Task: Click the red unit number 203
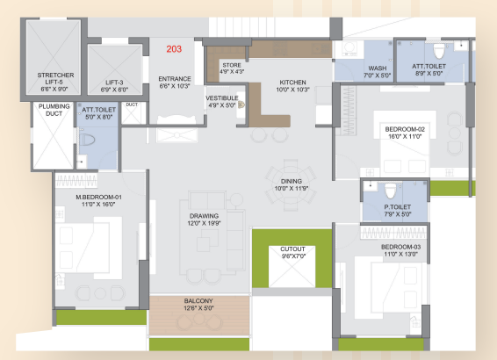[x=174, y=49]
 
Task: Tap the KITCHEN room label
[x=292, y=83]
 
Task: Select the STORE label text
[x=232, y=65]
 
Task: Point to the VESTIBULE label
[x=222, y=98]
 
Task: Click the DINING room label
[x=292, y=181]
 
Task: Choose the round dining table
[x=291, y=185]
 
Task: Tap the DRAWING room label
[x=204, y=216]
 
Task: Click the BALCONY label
[x=198, y=301]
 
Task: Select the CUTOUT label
[x=292, y=249]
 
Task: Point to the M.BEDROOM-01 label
[x=98, y=197]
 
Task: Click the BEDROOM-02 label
[x=405, y=129]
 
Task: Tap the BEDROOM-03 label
[x=401, y=247]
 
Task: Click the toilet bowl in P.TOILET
[x=391, y=191]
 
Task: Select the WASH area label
[x=378, y=68]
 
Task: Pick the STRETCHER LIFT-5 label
[x=55, y=79]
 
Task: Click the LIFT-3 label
[x=114, y=83]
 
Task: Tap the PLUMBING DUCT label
[x=54, y=110]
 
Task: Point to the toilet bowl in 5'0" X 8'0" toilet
[x=87, y=140]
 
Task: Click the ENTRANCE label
[x=175, y=79]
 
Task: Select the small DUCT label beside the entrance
[x=132, y=104]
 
